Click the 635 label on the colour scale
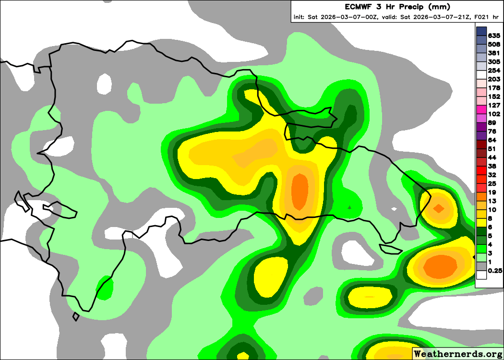494,36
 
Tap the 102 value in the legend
494,114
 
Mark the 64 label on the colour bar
492,140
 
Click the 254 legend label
494,71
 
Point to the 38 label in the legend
492,166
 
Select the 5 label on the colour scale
490,236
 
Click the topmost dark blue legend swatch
481,32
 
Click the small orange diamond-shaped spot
438,208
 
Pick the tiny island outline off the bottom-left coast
76,317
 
